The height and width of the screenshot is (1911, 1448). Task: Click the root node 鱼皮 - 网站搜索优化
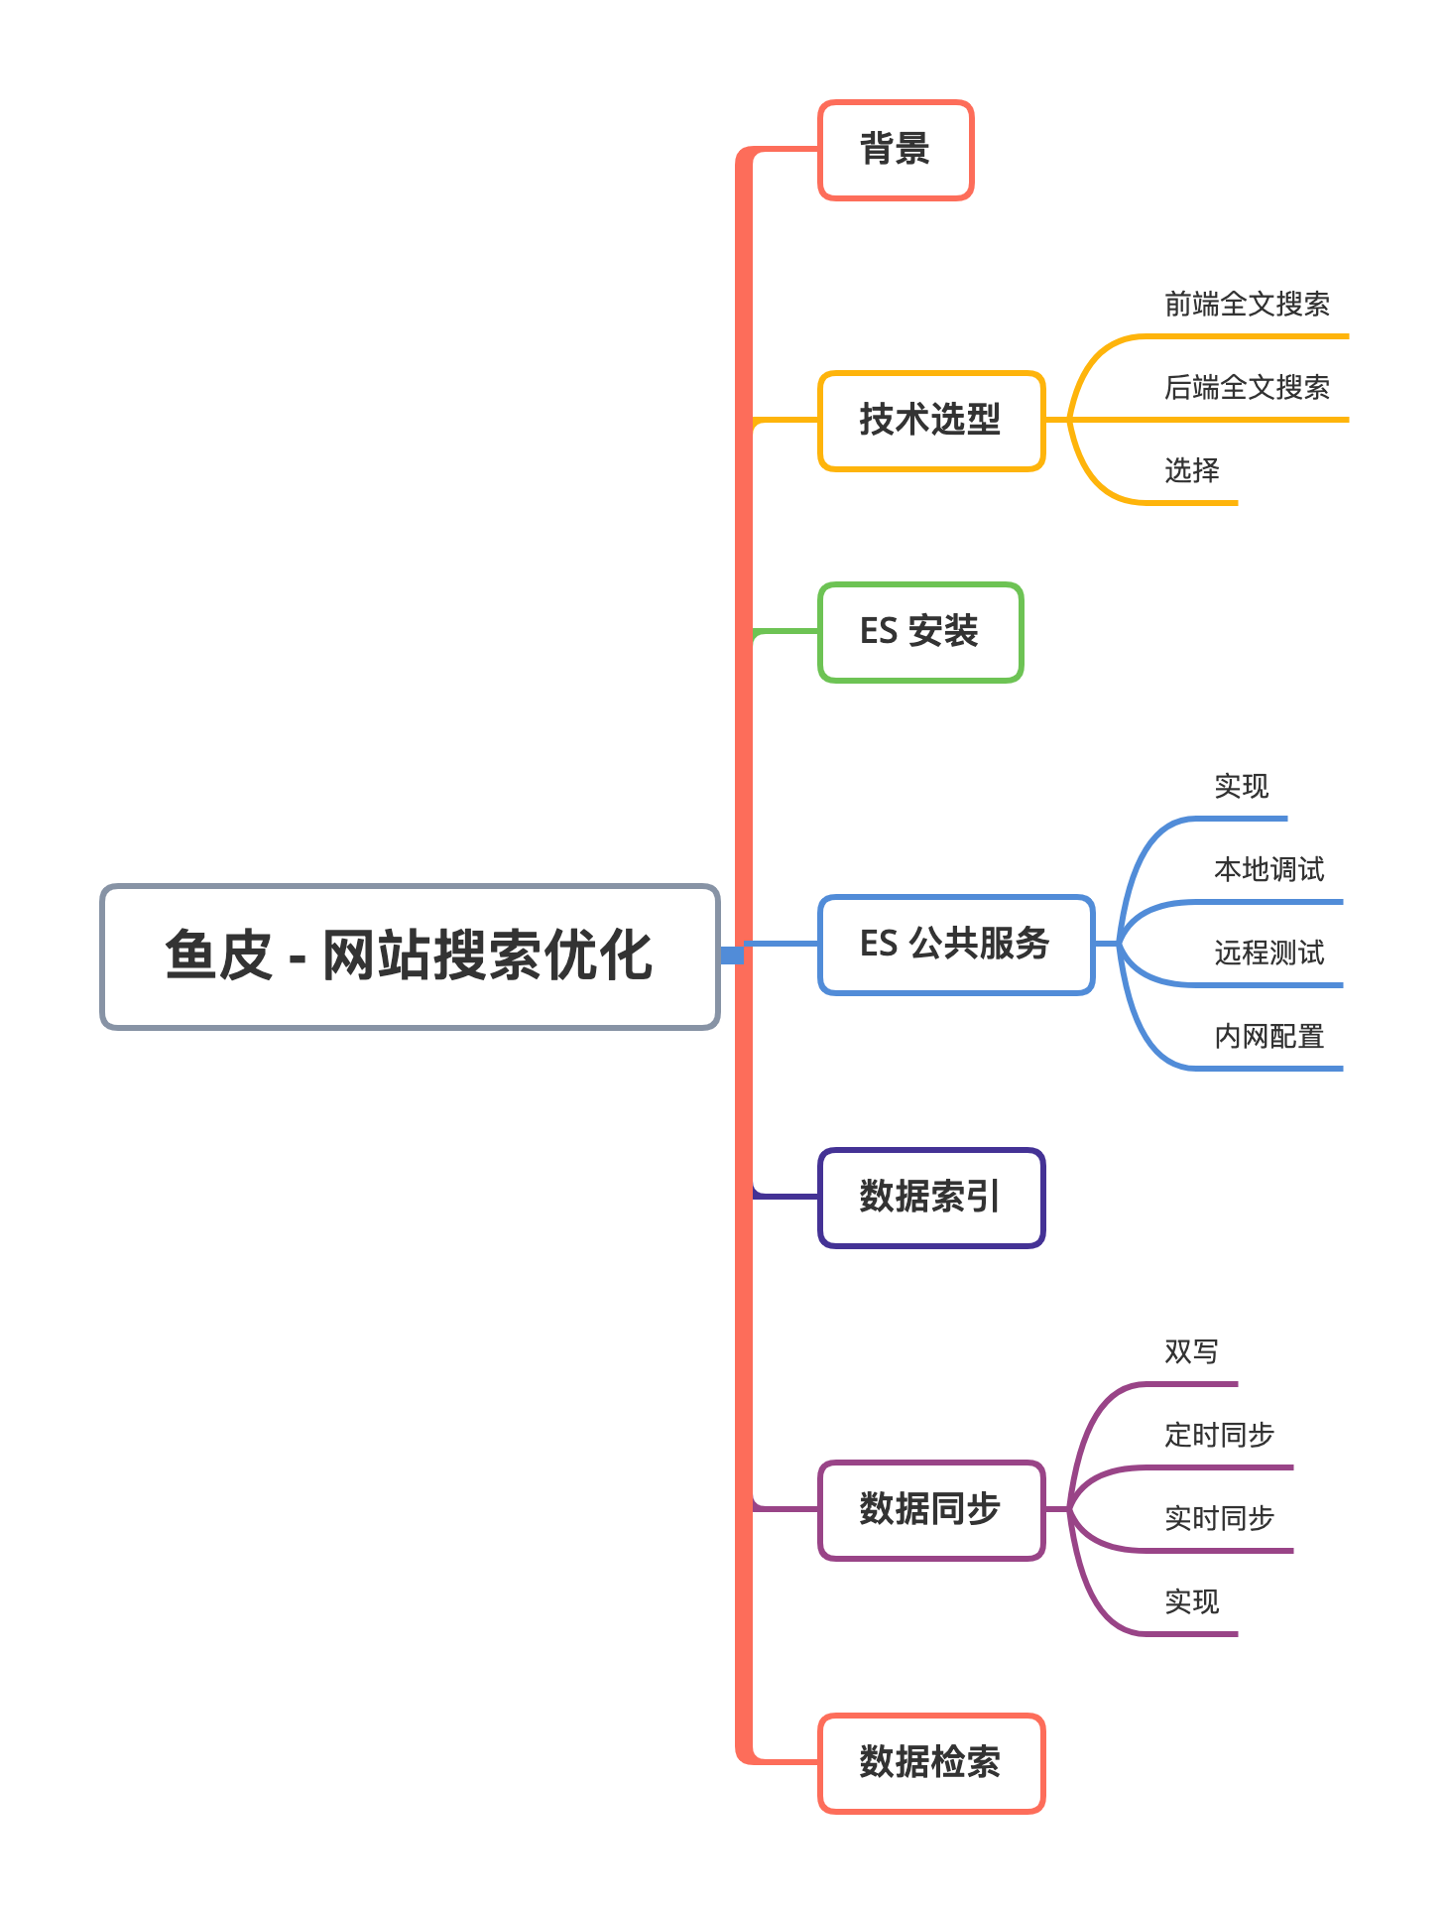click(410, 956)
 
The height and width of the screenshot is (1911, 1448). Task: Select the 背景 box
click(896, 150)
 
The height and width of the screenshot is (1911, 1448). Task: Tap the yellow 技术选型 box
click(931, 421)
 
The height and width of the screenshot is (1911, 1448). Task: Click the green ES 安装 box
click(920, 632)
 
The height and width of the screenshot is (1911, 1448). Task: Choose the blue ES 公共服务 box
click(956, 945)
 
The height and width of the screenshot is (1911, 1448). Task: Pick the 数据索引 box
click(931, 1198)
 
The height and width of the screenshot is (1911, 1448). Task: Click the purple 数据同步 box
click(931, 1509)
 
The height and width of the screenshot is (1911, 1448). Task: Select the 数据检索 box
click(931, 1763)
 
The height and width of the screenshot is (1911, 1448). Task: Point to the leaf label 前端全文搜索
click(1247, 305)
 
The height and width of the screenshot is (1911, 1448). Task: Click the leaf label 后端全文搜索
click(1247, 388)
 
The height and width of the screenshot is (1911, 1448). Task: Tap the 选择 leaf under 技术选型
click(1191, 470)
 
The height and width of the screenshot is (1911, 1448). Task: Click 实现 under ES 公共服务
click(1241, 787)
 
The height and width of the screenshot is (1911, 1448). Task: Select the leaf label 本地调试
click(1268, 870)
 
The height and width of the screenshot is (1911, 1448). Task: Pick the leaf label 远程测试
click(1268, 954)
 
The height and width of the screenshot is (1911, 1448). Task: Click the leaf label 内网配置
click(1268, 1037)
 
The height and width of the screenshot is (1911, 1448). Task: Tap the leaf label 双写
click(1191, 1352)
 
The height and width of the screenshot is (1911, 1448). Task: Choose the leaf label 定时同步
click(1219, 1436)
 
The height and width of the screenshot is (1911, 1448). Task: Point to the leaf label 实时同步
click(1219, 1519)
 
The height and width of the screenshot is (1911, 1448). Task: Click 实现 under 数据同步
click(1191, 1602)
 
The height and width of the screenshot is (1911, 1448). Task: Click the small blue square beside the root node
click(732, 955)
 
